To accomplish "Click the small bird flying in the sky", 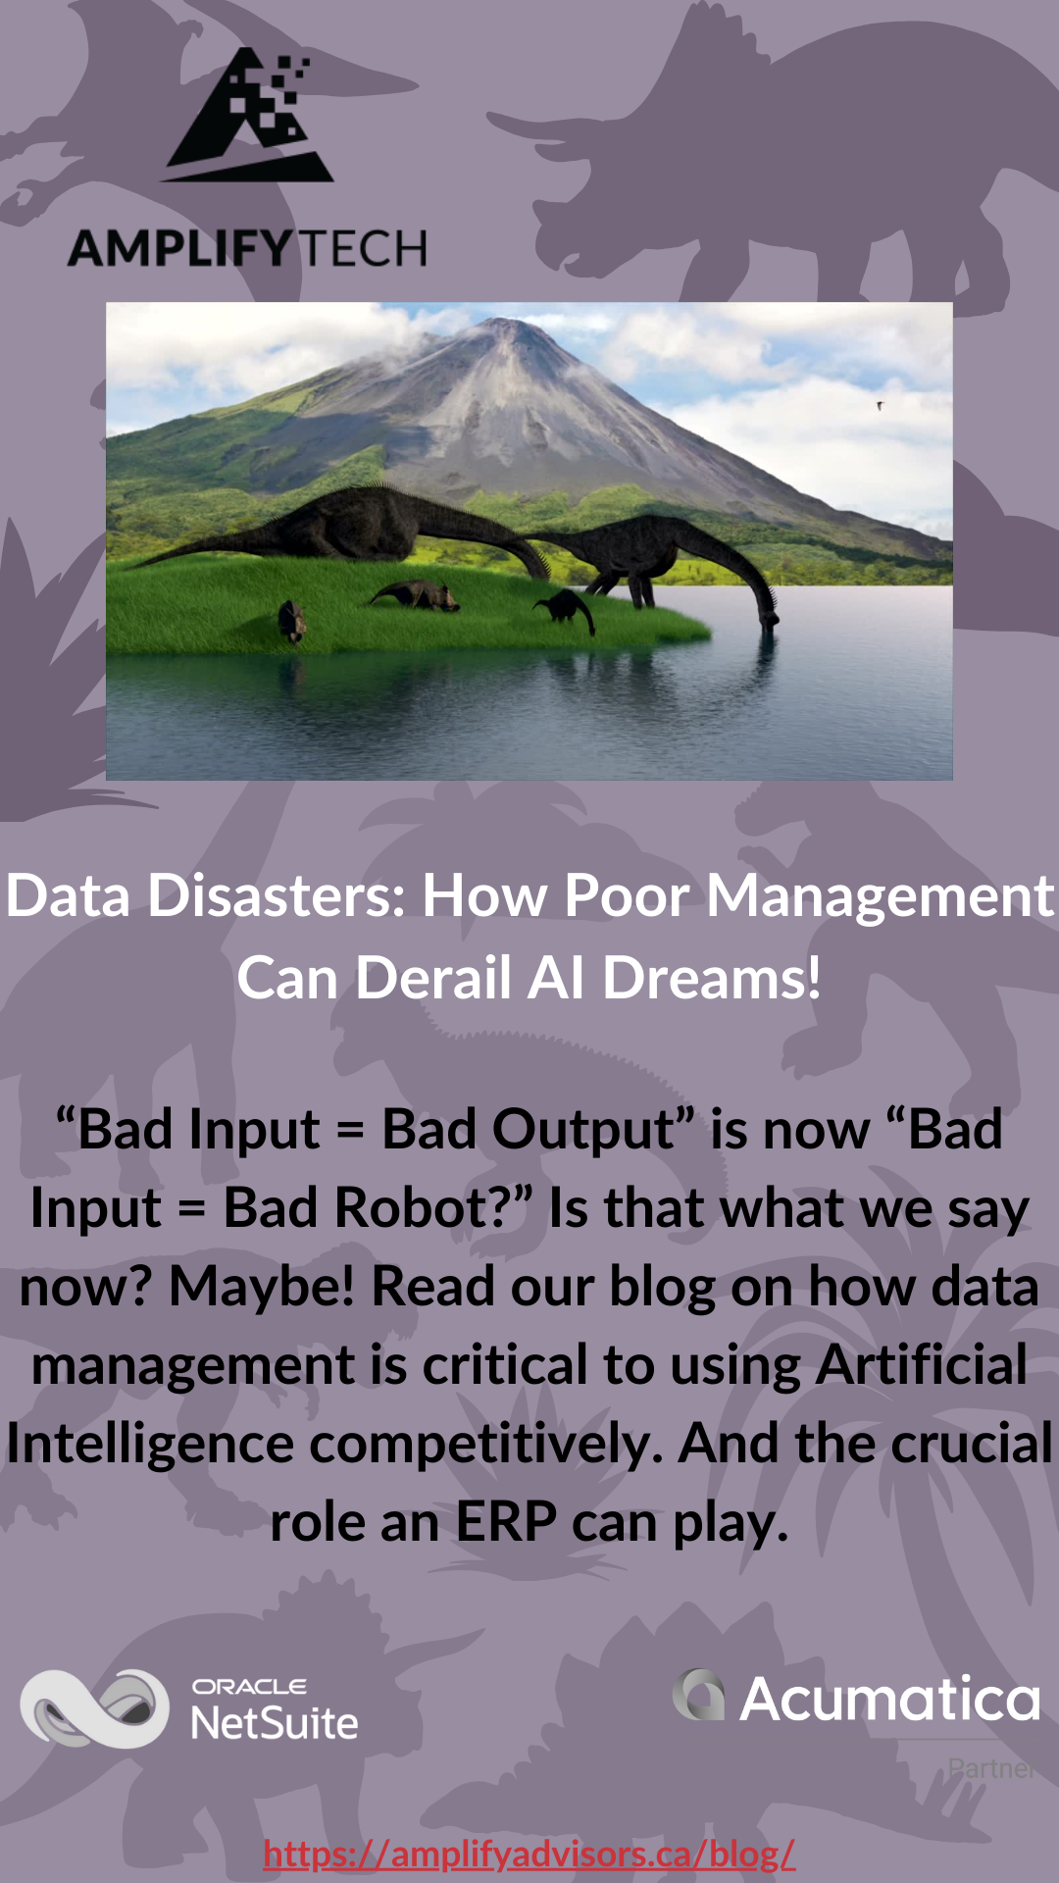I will [880, 404].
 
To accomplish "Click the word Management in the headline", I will [880, 897].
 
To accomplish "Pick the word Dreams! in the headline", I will [711, 978].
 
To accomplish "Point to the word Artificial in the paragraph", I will [922, 1364].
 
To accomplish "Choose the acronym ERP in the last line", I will [506, 1522].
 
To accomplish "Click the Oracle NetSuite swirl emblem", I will [95, 1708].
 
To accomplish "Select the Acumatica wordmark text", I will [889, 1700].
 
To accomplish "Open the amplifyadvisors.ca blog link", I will [529, 1854].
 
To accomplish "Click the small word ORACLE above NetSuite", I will [249, 1687].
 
